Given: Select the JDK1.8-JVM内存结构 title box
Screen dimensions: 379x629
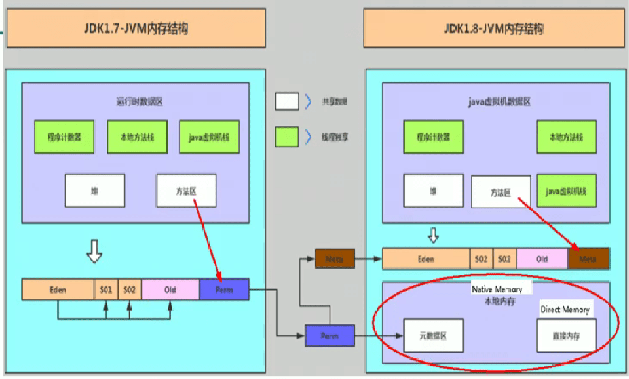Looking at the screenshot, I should click(x=494, y=28).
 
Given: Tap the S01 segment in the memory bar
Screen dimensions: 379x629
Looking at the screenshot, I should click(x=106, y=289).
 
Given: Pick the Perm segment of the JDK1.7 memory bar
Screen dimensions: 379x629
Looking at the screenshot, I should click(x=224, y=289).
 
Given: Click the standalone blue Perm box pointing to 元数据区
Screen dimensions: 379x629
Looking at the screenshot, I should click(x=330, y=335).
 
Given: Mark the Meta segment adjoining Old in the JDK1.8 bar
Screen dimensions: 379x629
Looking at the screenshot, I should click(x=588, y=259).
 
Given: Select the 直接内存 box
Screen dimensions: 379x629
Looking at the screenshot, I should click(x=566, y=335).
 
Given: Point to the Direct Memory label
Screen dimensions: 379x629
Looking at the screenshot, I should click(x=565, y=310).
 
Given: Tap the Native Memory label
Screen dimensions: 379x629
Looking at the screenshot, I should click(x=501, y=289).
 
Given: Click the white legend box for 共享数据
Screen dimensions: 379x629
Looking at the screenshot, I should click(x=287, y=102).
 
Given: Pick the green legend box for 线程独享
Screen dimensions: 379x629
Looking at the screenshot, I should click(x=287, y=137).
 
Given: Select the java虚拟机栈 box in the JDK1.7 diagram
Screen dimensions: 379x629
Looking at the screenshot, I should click(x=209, y=137).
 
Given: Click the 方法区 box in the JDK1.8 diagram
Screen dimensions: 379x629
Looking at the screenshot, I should click(x=501, y=193).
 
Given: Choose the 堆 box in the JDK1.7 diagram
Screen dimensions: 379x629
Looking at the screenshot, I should click(x=94, y=191).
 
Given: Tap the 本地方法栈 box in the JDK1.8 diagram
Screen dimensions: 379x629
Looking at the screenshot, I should click(x=566, y=137).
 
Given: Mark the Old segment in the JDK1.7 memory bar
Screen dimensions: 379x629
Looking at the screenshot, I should click(x=170, y=289).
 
